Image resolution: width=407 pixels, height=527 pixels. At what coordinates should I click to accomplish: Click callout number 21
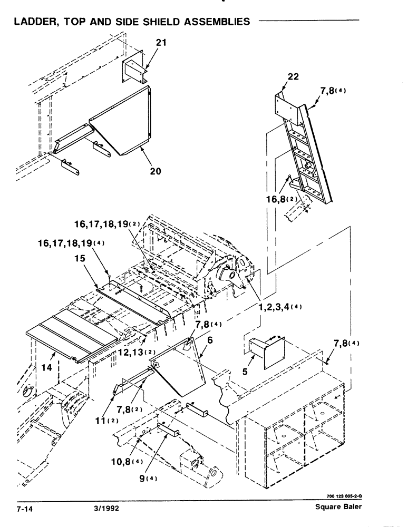161,43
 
